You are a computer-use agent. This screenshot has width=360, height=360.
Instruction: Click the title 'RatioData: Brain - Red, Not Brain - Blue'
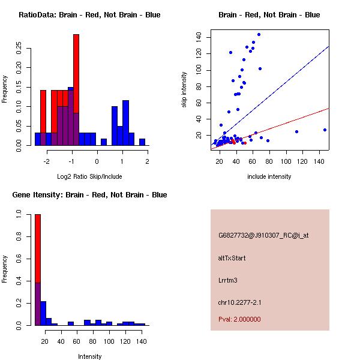(89, 15)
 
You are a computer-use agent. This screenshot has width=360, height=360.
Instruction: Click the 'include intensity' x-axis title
(269, 176)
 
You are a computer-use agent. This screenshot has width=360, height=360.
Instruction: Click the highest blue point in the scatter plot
(259, 34)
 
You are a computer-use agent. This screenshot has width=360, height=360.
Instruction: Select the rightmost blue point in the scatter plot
(325, 130)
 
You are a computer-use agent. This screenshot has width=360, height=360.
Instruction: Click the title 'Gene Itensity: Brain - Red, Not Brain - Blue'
(89, 195)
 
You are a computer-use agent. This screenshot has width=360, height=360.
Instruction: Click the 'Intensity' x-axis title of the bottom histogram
(89, 356)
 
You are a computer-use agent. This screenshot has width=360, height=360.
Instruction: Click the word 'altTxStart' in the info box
(232, 258)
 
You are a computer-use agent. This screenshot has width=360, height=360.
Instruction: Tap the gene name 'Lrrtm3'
(229, 280)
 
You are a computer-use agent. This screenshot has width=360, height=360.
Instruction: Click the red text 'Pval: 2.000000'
(239, 319)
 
